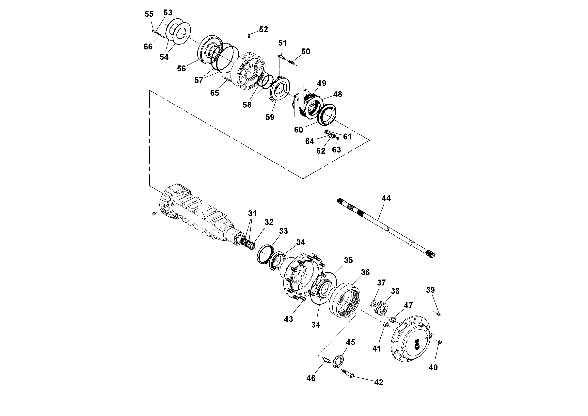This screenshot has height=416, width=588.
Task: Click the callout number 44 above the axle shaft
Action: [386, 198]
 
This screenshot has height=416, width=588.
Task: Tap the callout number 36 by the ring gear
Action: [365, 272]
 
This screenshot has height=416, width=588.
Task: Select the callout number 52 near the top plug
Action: [263, 29]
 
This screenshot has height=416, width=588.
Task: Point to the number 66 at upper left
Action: [148, 47]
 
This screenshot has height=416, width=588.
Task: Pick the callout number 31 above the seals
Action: [252, 213]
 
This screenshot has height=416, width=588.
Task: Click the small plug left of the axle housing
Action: [154, 214]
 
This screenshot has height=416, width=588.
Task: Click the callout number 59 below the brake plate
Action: [270, 117]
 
